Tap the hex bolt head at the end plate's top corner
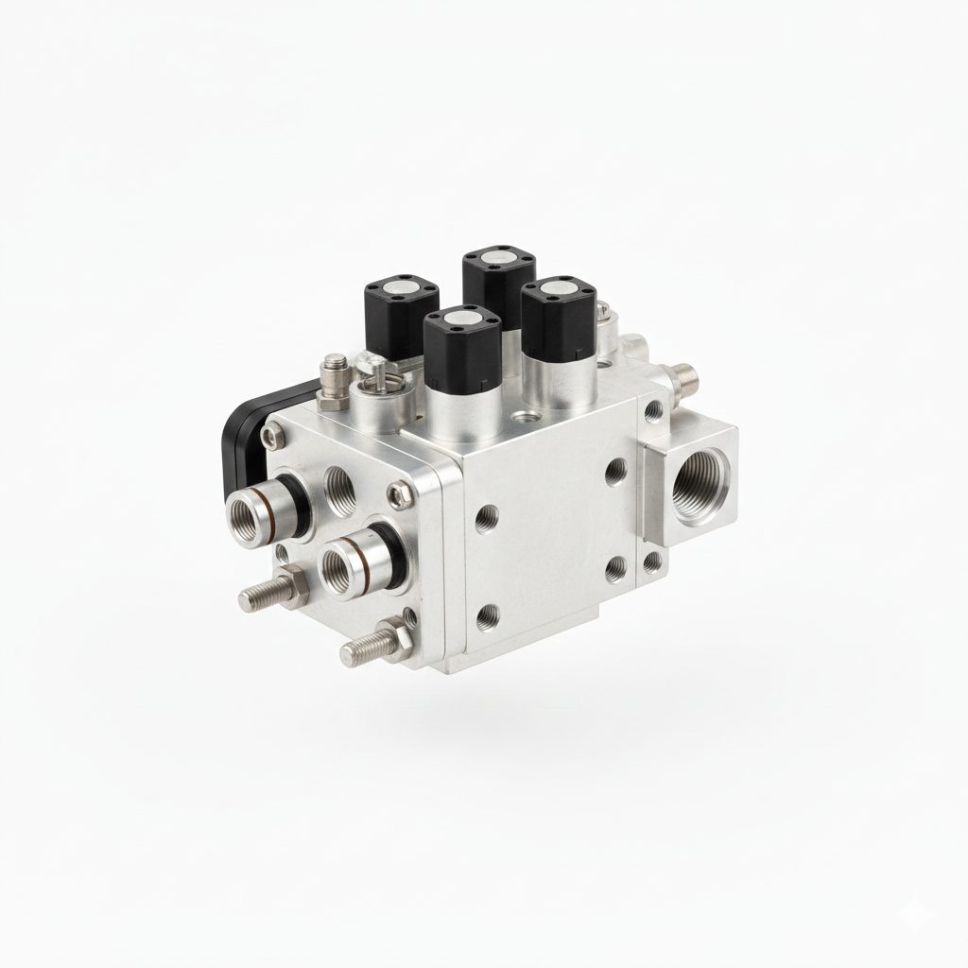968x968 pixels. pos(273,436)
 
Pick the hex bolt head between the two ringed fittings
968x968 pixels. pos(400,492)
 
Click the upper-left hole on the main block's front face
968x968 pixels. pos(487,516)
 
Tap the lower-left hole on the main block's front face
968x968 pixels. pos(488,617)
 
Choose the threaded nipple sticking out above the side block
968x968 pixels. pos(683,378)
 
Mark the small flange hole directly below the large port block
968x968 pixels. pos(653,564)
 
